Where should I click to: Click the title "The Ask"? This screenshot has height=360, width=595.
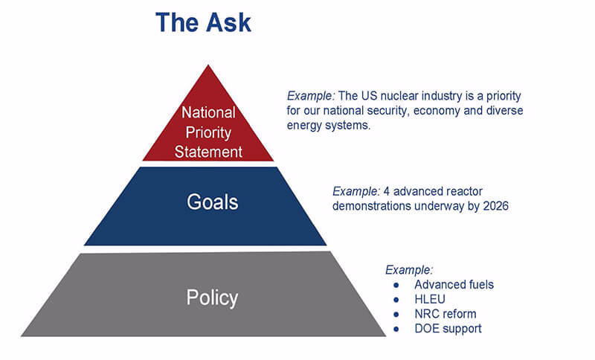(x=203, y=22)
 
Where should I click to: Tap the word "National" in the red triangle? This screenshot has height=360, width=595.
(x=208, y=112)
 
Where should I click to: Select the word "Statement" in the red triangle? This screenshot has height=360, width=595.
(x=208, y=152)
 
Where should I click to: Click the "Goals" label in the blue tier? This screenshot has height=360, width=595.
(x=212, y=202)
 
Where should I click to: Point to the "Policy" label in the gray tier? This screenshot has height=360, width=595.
(x=212, y=298)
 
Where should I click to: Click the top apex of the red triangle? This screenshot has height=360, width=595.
(x=208, y=65)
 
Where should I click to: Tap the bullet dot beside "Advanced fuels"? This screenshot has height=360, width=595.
(x=396, y=285)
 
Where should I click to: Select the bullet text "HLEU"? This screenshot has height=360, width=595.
(x=430, y=299)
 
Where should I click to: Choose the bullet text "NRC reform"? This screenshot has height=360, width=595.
(x=445, y=314)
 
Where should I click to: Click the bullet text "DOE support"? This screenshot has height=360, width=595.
(x=448, y=329)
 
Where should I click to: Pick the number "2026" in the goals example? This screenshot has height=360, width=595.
(x=495, y=206)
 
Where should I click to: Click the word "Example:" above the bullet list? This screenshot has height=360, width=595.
(x=409, y=270)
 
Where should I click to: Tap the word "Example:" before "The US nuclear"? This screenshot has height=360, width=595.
(x=311, y=96)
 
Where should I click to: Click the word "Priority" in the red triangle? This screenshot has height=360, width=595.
(x=208, y=133)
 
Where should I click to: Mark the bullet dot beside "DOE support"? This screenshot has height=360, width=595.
(x=396, y=329)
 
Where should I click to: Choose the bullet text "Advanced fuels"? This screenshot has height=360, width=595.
(x=454, y=285)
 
